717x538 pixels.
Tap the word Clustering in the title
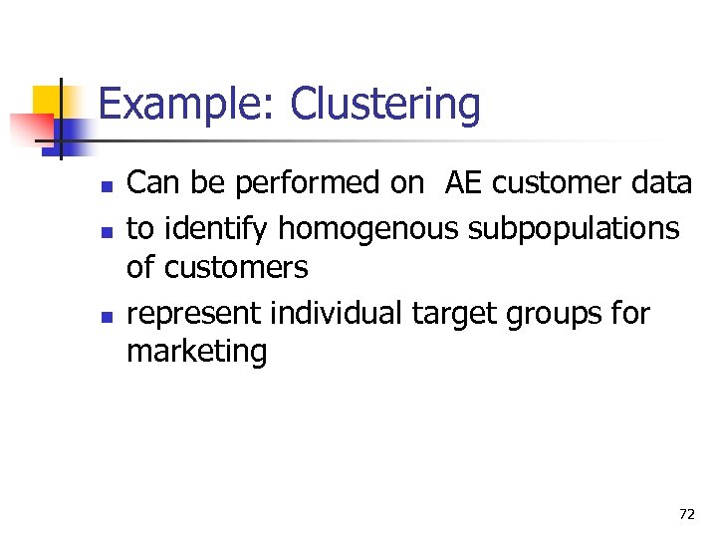384,105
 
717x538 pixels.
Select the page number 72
686,514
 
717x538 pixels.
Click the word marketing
197,352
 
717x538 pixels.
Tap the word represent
194,314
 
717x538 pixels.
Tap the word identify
213,229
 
